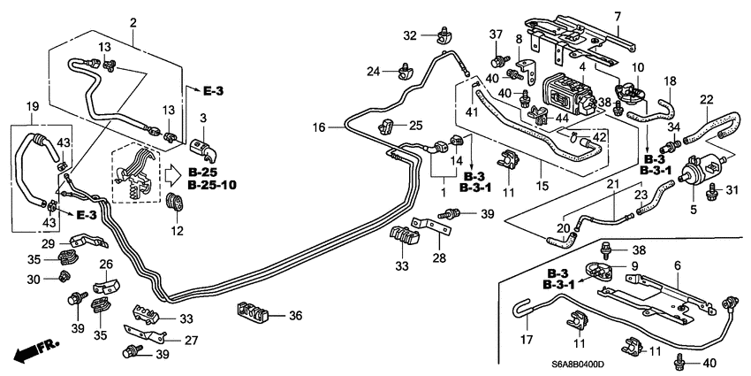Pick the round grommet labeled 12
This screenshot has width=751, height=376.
tap(175, 203)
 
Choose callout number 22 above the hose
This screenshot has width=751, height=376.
tap(706, 98)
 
